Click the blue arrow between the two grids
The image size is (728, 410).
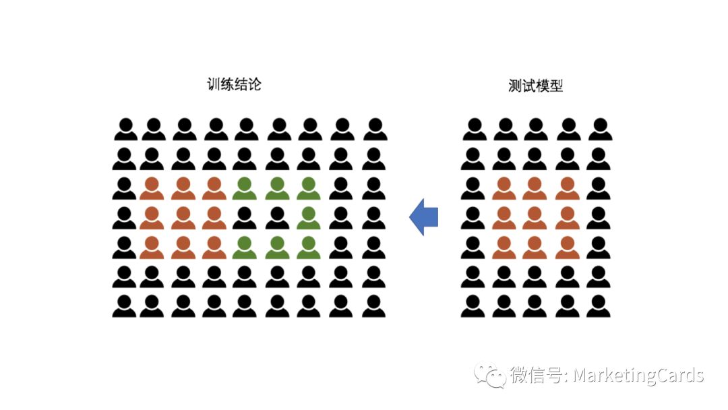pos(423,217)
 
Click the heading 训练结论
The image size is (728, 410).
pos(235,84)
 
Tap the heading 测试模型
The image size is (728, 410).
pos(535,86)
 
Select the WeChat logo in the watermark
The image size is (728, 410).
pos(489,375)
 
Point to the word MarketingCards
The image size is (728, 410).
pos(638,375)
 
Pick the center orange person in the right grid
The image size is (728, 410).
pos(535,218)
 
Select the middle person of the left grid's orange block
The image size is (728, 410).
pos(183,218)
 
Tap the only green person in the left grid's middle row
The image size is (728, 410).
pos(309,218)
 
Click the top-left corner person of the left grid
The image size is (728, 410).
pos(126,129)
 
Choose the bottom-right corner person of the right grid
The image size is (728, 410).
pos(599,306)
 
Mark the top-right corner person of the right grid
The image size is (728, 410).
pos(601,129)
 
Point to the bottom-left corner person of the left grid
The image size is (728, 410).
pos(124,306)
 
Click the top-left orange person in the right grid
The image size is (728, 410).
pos(504,188)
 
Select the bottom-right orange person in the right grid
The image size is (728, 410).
pos(568,247)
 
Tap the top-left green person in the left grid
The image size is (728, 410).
pos(245,188)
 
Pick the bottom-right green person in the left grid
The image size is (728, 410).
pos(309,247)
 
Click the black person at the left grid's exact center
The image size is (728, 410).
pos(245,218)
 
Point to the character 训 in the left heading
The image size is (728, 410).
pos(214,84)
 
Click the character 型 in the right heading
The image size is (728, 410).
pos(556,86)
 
